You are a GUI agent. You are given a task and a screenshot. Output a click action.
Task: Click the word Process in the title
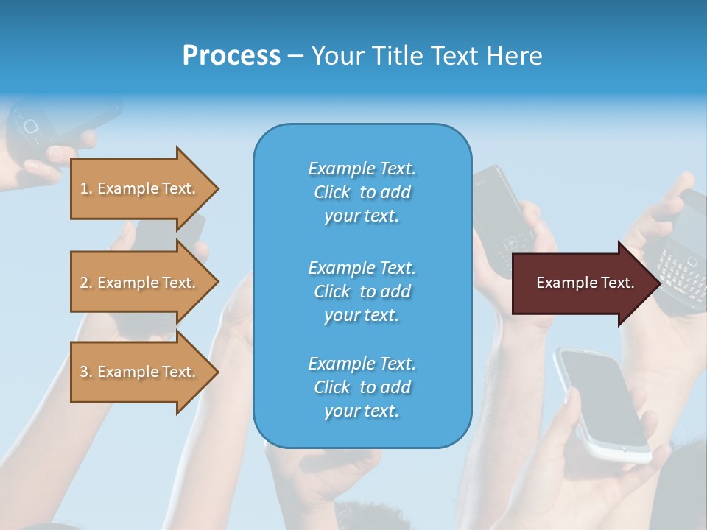pyautogui.click(x=231, y=56)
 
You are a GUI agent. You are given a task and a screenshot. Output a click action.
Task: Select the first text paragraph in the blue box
pyautogui.click(x=362, y=192)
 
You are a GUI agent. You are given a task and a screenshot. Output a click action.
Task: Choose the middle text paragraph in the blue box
pyautogui.click(x=362, y=291)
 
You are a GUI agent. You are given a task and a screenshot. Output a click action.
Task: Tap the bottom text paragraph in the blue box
pyautogui.click(x=362, y=387)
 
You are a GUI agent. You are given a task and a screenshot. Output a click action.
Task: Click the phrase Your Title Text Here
pyautogui.click(x=426, y=56)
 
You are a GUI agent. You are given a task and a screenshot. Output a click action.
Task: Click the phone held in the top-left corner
pyautogui.click(x=44, y=125)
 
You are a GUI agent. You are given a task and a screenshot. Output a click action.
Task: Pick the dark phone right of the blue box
pyautogui.click(x=503, y=217)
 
